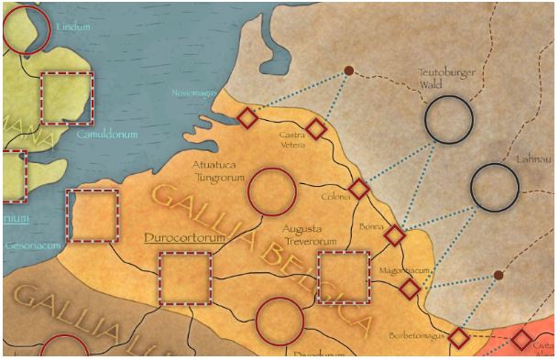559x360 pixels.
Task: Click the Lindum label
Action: pos(73,27)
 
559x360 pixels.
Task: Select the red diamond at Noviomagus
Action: pos(247,117)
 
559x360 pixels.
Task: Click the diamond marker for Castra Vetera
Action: pos(316,129)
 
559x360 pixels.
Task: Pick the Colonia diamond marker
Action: pos(359,190)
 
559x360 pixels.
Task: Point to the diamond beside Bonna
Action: pos(394,235)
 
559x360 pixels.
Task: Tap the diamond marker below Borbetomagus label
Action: pos(458,338)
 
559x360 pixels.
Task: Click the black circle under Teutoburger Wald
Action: pos(448,119)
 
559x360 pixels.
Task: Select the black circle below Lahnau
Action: pos(495,187)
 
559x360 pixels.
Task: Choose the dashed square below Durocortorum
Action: pos(185,278)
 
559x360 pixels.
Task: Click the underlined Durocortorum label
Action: pos(184,237)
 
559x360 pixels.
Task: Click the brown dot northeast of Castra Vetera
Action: pos(348,71)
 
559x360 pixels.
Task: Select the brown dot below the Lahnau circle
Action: pos(498,275)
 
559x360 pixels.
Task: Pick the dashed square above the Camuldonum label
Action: pos(66,97)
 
